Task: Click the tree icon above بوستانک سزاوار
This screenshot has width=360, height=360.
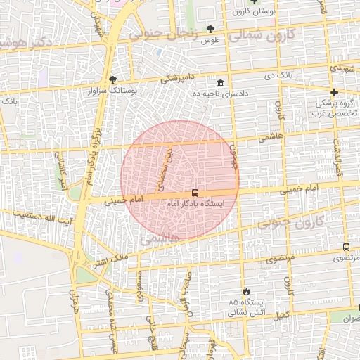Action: pos(113,79)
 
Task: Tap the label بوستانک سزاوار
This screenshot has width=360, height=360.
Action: pos(112,91)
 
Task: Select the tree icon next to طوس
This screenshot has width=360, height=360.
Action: pos(210,29)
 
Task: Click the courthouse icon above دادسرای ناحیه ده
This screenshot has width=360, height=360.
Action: pos(221,83)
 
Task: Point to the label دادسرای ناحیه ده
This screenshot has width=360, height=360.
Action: pos(221,94)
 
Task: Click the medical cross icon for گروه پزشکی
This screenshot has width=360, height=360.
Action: pos(334,92)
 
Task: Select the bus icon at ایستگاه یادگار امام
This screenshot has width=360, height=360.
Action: pos(195,193)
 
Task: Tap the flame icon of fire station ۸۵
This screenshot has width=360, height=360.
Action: pos(245,291)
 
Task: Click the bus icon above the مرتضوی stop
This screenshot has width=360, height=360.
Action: pos(346,247)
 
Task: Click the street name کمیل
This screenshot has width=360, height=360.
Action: pos(281,316)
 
